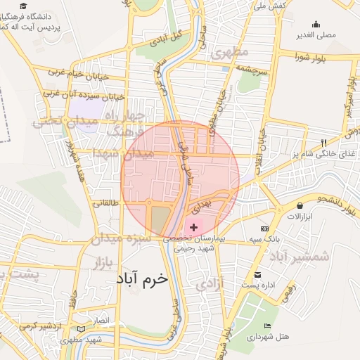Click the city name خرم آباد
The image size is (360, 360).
(x=143, y=278)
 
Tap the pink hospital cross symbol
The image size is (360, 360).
(x=193, y=227)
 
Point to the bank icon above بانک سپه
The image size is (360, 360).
(x=264, y=229)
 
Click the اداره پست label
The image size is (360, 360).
(x=256, y=285)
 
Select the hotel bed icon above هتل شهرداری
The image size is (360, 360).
(x=267, y=326)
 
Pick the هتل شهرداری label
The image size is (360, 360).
(x=268, y=337)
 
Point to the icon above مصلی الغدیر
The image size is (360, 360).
(x=316, y=23)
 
